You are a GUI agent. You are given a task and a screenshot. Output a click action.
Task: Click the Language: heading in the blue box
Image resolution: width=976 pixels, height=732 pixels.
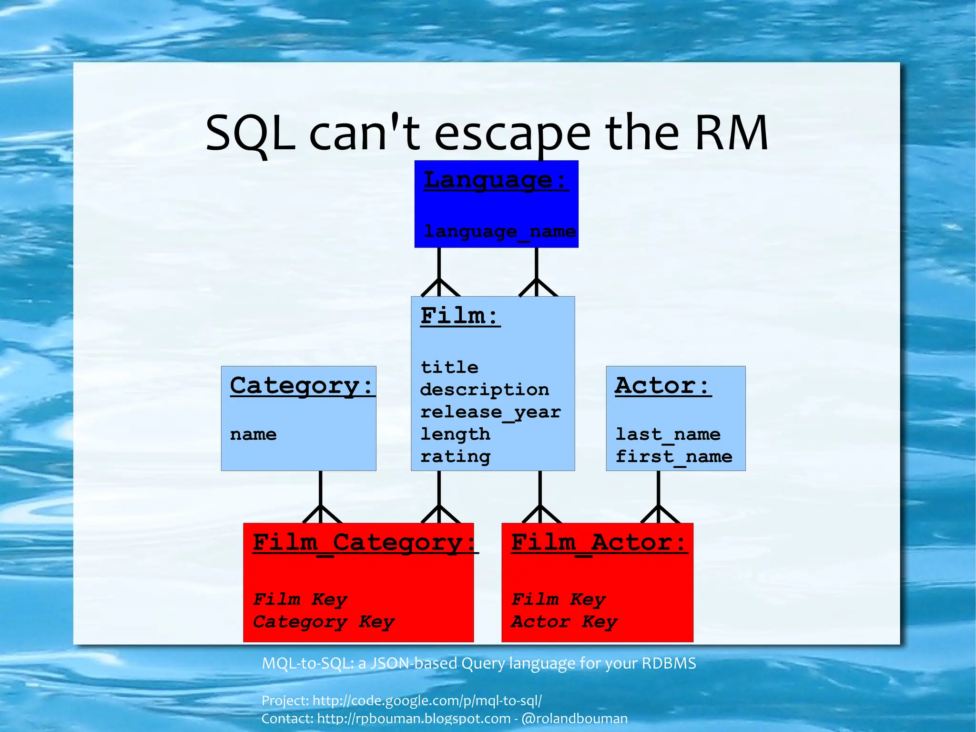tap(496, 180)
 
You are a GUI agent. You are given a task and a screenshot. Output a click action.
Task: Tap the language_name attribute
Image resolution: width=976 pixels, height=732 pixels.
tap(499, 232)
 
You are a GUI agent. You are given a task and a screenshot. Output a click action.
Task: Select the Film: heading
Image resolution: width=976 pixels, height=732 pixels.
tap(460, 316)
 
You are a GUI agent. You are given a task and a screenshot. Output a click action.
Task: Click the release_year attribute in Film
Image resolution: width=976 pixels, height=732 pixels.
tap(490, 412)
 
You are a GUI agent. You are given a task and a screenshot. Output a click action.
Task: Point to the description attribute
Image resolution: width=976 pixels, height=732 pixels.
tap(484, 390)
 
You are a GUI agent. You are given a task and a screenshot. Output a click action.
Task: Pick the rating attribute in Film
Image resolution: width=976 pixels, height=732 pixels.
tap(455, 457)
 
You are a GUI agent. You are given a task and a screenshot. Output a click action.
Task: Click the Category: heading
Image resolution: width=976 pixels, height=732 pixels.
tap(302, 385)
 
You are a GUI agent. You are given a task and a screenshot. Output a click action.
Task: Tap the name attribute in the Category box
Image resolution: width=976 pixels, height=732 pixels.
tap(253, 434)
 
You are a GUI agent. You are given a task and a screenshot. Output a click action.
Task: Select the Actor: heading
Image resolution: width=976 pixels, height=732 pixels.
tap(662, 385)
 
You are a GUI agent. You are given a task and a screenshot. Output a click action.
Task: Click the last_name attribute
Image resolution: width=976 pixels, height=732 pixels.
tap(668, 434)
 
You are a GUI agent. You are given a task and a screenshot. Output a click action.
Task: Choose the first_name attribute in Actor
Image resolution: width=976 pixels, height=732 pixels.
tap(673, 457)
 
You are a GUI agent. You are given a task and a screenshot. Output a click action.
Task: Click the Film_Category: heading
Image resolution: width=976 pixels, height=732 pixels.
tap(365, 543)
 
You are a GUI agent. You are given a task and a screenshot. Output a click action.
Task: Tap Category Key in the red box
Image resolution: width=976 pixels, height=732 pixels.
tap(324, 621)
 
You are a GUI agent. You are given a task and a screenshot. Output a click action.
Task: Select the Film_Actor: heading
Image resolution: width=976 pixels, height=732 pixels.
tap(599, 543)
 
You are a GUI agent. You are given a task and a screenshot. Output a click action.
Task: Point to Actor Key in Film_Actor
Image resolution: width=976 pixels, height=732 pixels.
tap(564, 621)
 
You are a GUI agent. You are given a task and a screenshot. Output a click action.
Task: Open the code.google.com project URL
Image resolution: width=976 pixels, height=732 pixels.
tap(427, 701)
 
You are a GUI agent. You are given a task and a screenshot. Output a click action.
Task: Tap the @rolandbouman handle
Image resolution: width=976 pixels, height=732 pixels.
tap(574, 719)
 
